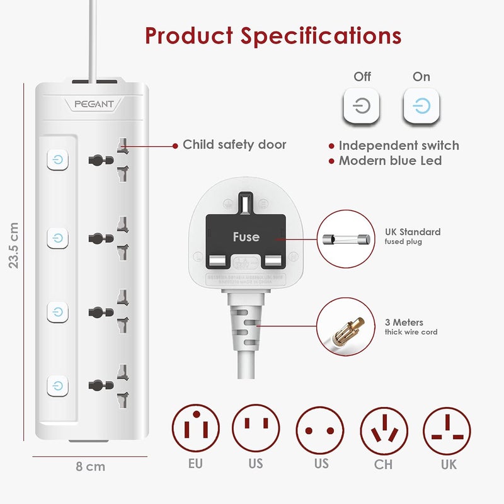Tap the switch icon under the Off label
point(362,105)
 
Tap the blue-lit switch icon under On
point(421,105)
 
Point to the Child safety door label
point(234,145)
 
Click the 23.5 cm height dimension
point(14,245)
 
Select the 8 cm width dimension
point(91,467)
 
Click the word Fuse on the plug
point(246,237)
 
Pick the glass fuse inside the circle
point(345,239)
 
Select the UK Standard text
point(413,232)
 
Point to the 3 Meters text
point(404,323)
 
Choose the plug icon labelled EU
point(195,428)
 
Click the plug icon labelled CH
point(383,429)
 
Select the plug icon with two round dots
point(321,429)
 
